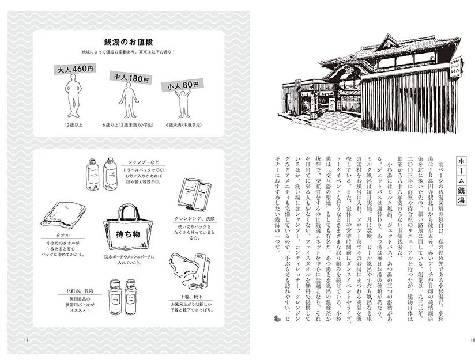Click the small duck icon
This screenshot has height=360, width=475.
(x=275, y=317)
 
